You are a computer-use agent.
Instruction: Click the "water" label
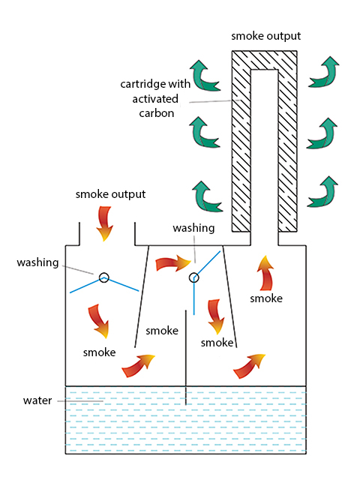(37, 400)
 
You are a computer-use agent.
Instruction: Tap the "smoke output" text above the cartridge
(265, 36)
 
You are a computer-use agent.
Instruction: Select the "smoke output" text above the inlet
(110, 194)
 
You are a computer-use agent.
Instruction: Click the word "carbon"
(157, 113)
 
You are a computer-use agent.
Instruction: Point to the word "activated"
(155, 98)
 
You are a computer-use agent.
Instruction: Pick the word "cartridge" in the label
(143, 84)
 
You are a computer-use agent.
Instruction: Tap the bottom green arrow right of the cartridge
(323, 193)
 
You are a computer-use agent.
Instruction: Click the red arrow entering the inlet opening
(105, 223)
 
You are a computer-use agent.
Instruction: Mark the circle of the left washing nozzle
(104, 277)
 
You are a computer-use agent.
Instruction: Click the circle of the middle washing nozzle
(193, 277)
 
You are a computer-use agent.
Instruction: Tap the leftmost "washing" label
(37, 262)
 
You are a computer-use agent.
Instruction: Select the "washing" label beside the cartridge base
(193, 228)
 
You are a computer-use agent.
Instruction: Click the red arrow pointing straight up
(266, 273)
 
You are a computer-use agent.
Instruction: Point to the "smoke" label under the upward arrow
(266, 298)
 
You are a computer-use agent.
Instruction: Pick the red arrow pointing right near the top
(173, 264)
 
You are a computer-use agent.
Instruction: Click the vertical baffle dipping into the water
(186, 358)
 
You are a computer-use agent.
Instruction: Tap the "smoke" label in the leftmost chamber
(99, 352)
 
